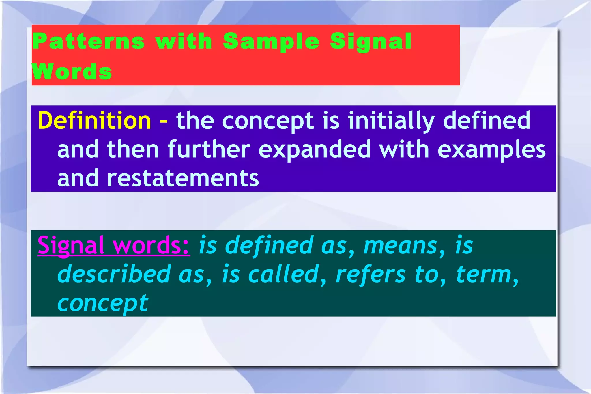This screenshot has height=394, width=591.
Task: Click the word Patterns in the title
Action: point(89,41)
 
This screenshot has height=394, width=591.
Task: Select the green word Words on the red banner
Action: point(72,71)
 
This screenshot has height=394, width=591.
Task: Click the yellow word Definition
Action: point(94,120)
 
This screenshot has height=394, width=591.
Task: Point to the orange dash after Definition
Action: point(164,121)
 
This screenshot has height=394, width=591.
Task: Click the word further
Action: point(209,149)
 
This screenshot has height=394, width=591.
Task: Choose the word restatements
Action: point(183,178)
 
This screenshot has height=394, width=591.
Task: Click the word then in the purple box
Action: point(133,149)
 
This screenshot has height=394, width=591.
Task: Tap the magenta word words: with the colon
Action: point(151,245)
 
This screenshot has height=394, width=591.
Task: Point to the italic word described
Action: point(114,274)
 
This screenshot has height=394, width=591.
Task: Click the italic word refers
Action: point(371,274)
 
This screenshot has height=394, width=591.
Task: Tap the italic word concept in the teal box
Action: point(103,304)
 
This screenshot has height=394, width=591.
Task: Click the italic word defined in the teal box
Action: point(269,245)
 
